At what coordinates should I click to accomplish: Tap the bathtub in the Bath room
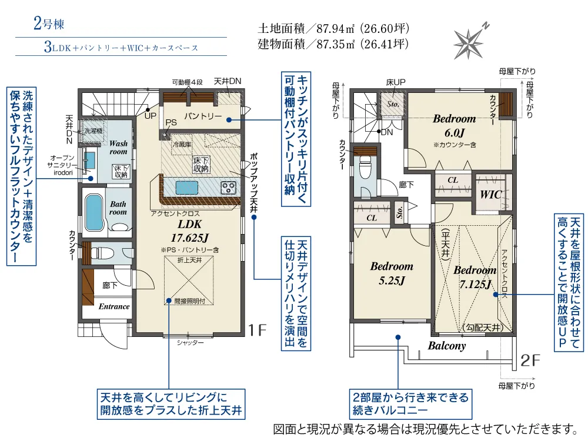tap(94, 212)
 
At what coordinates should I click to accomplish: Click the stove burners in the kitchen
tap(228, 187)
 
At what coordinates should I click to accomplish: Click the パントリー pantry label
tap(203, 116)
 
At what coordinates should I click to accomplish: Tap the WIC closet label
tap(491, 194)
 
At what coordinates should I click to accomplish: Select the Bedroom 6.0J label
tap(455, 126)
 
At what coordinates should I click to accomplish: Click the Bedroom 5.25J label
tap(392, 273)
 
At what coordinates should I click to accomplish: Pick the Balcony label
tap(447, 345)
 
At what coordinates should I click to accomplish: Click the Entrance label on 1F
tap(114, 306)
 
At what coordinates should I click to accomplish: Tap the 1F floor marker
tap(258, 330)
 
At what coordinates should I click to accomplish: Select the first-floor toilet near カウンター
tap(102, 253)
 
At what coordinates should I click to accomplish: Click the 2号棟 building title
tap(49, 24)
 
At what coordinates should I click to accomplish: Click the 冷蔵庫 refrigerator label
tap(182, 145)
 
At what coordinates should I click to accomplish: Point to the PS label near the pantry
tap(171, 123)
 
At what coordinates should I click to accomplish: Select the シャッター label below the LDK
tap(190, 342)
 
